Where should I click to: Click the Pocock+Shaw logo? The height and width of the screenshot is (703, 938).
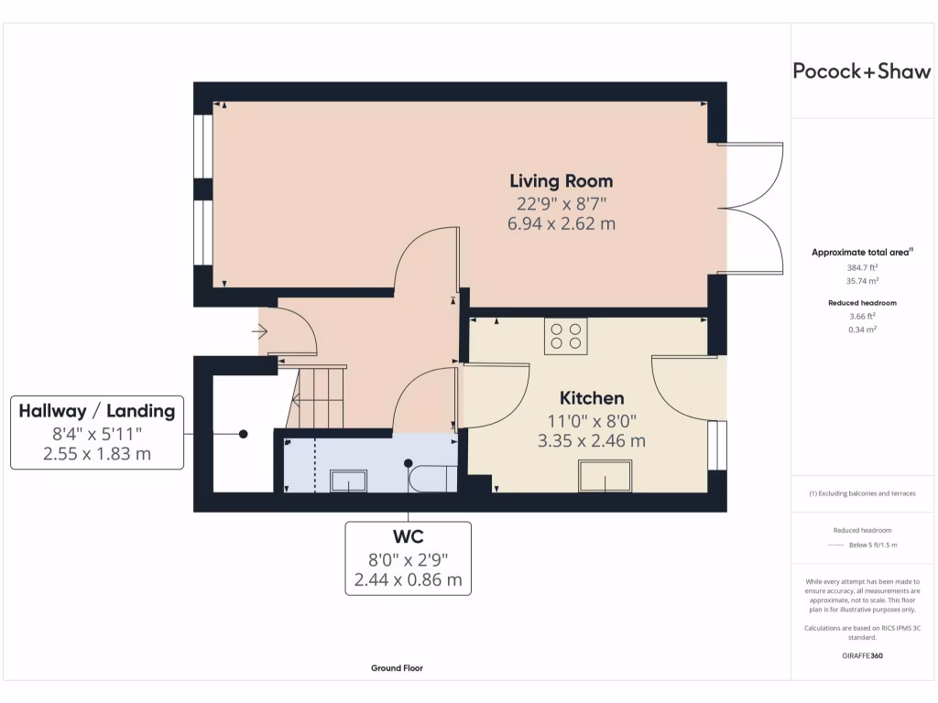(861, 72)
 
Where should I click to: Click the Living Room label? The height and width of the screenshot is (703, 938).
(561, 180)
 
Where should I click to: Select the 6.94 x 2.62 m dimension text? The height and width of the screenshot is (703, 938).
(561, 223)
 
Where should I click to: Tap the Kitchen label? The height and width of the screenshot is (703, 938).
(592, 398)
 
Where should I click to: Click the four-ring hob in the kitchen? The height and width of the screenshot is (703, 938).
(565, 335)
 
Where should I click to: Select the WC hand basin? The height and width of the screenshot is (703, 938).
(348, 481)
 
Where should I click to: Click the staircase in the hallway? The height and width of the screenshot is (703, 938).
(317, 397)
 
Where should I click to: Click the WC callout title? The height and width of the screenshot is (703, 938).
(408, 536)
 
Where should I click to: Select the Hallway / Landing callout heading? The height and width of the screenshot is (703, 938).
(97, 411)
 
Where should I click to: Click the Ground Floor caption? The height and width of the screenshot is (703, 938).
(397, 668)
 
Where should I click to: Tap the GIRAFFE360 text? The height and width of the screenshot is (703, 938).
(861, 655)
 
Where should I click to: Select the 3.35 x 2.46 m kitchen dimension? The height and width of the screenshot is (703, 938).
(592, 440)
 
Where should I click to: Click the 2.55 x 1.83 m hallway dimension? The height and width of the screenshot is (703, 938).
(97, 453)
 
